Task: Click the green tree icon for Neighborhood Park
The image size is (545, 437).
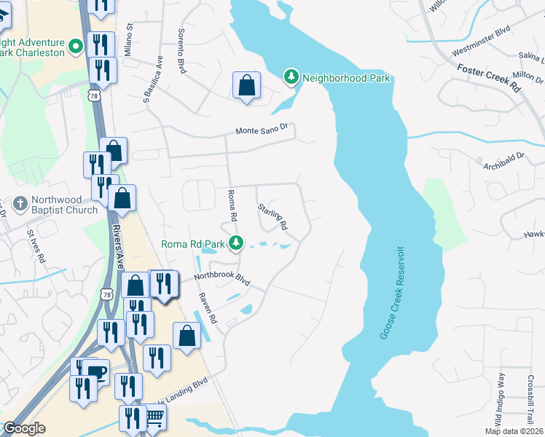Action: click(291, 77)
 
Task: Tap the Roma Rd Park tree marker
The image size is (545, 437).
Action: click(235, 243)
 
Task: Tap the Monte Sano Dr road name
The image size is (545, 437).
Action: click(262, 130)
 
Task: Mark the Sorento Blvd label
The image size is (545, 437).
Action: click(182, 51)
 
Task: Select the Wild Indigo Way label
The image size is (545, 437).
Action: click(501, 398)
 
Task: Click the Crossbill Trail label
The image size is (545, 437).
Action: click(531, 398)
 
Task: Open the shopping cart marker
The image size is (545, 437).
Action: click(154, 417)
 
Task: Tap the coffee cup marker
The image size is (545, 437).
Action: click(96, 371)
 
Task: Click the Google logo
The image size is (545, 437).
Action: click(25, 428)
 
